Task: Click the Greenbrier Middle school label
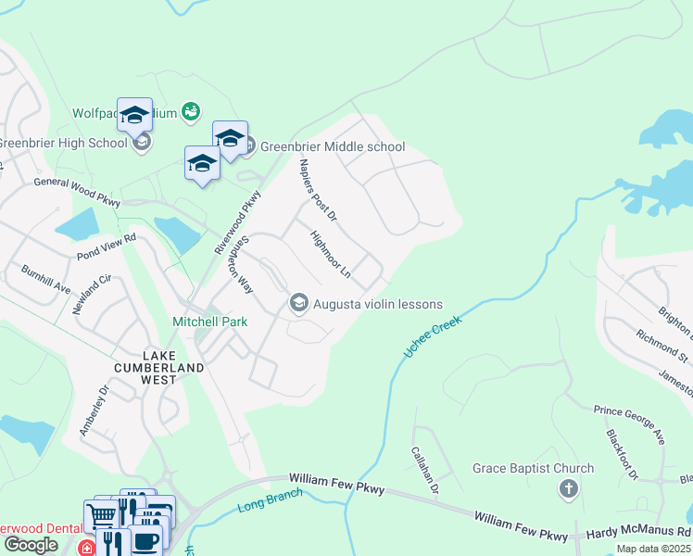[x=332, y=146]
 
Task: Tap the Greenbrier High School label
[x=62, y=143]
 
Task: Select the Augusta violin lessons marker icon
[x=298, y=303]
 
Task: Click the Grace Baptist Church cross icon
[x=568, y=488]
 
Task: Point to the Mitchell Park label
[x=210, y=322]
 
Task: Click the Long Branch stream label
[x=270, y=500]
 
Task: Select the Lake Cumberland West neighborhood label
[x=172, y=361]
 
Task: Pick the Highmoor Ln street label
[x=331, y=256]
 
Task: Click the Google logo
[x=31, y=545]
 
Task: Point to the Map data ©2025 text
[x=652, y=549]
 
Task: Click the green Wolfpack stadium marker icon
[x=190, y=111]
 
